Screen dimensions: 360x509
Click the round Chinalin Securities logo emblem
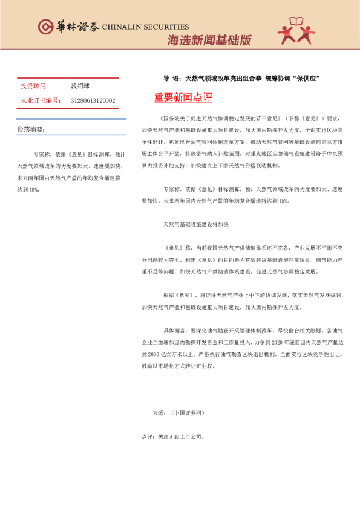click(x=46, y=26)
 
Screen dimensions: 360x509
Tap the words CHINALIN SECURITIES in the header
click(x=145, y=27)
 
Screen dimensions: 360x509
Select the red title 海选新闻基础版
click(x=209, y=41)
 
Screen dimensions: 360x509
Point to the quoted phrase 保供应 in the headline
click(x=305, y=79)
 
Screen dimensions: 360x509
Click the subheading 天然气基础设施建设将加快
click(x=195, y=224)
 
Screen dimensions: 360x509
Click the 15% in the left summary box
click(x=34, y=189)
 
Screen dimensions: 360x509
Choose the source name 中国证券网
click(x=189, y=413)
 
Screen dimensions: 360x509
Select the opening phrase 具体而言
click(x=174, y=331)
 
